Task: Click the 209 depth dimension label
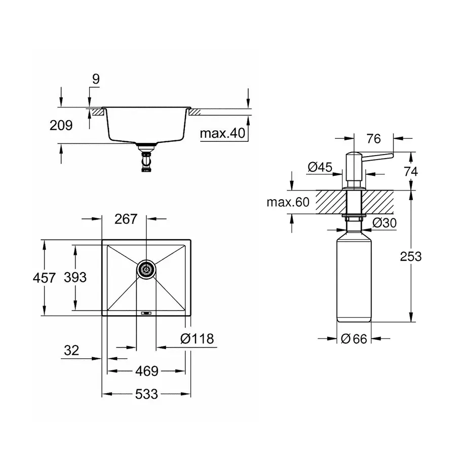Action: (61, 125)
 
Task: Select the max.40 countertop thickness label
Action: (222, 134)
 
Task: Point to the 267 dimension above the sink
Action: (126, 219)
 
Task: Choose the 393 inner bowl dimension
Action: (75, 277)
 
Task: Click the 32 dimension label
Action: (72, 350)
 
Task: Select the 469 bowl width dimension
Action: (147, 371)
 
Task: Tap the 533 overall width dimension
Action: (147, 394)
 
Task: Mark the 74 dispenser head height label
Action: (411, 171)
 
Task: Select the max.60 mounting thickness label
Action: (288, 203)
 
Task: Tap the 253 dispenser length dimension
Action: (411, 256)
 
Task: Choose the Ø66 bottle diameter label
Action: (354, 339)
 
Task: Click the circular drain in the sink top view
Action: (146, 269)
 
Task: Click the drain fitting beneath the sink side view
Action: (146, 158)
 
